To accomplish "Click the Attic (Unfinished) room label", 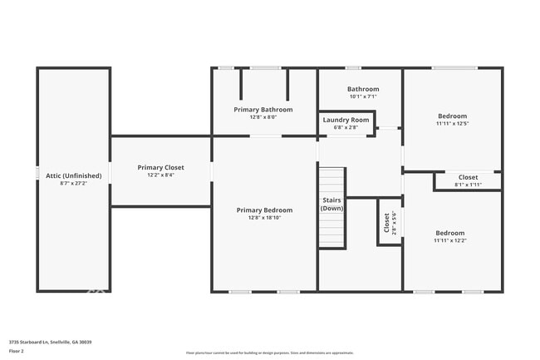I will coord(74,176).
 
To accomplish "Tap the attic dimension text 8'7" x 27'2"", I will coord(74,184).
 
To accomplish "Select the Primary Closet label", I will coord(161,167).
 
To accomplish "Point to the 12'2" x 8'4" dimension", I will coord(161,175).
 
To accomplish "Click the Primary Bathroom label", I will coord(263,110).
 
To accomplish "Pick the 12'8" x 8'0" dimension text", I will coord(263,117).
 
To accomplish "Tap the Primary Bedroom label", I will coord(264,210).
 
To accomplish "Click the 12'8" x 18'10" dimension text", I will coord(264,218).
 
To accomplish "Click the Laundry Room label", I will coord(346,120).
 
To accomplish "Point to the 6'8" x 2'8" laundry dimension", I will coord(346,127).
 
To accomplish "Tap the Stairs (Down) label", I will coord(332,204).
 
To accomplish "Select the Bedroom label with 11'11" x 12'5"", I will coord(452,116).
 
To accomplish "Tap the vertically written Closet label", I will coord(386,222).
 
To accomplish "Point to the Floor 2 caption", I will coord(17,352).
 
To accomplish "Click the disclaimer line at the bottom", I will coord(270,353).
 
